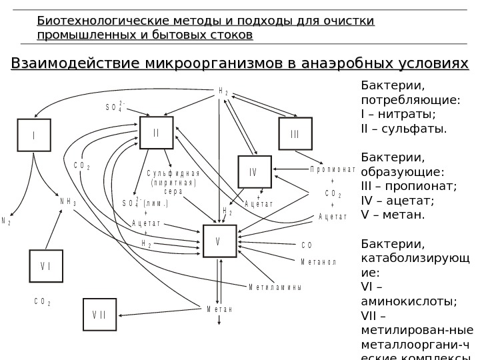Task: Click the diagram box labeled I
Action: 33,135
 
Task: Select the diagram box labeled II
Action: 156,133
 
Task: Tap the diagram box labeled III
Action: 295,135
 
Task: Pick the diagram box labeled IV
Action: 254,173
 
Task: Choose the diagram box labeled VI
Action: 46,267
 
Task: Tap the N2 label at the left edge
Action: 6,220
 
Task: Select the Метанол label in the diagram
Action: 319,262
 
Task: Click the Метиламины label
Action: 275,288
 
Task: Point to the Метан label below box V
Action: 219,309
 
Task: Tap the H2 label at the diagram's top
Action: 223,91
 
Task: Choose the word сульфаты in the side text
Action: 413,127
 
